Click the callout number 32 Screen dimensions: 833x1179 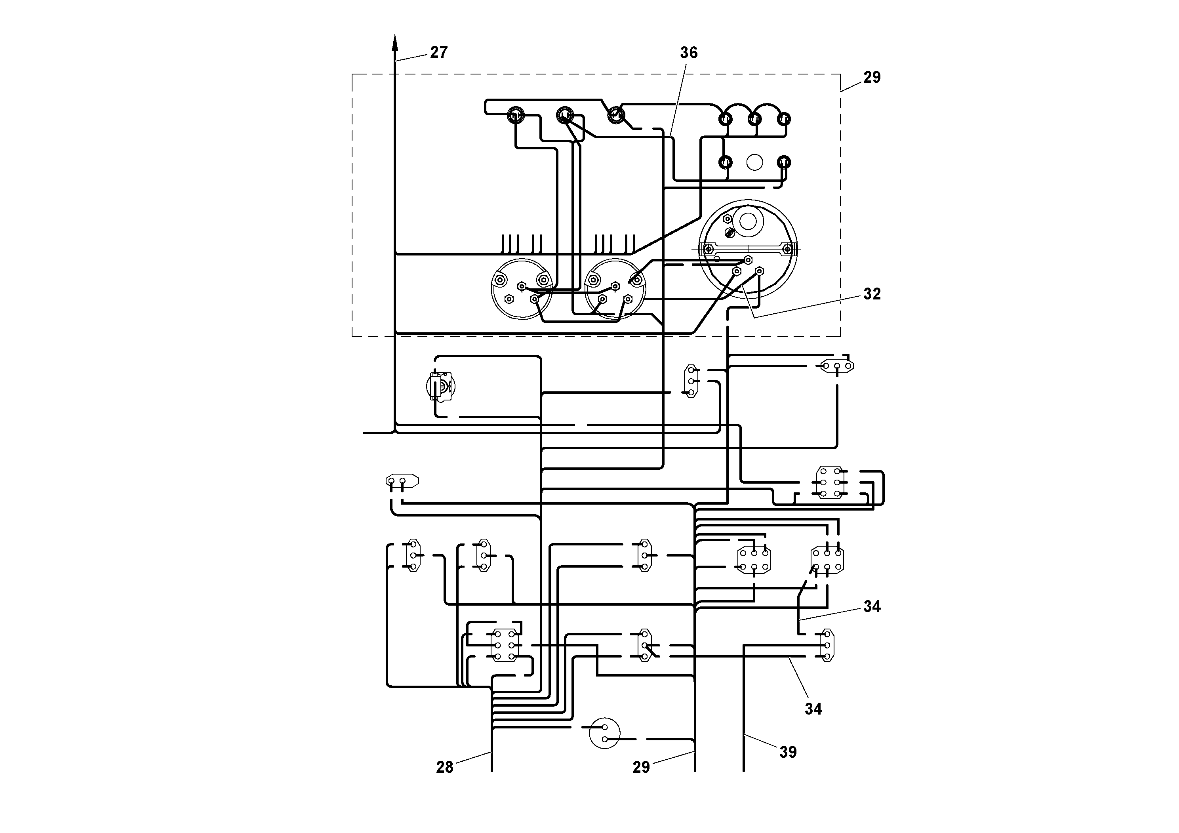coord(872,294)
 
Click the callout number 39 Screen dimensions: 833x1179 coord(788,752)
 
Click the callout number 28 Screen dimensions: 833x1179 coord(444,767)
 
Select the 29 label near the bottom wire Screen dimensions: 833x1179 coord(641,767)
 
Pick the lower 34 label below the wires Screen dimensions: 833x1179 coord(813,709)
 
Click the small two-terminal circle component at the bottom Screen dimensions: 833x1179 coord(604,733)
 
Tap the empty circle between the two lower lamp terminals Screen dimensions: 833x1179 coord(754,163)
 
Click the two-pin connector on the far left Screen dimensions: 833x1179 coord(402,481)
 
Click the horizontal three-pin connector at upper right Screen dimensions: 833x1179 coord(836,366)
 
